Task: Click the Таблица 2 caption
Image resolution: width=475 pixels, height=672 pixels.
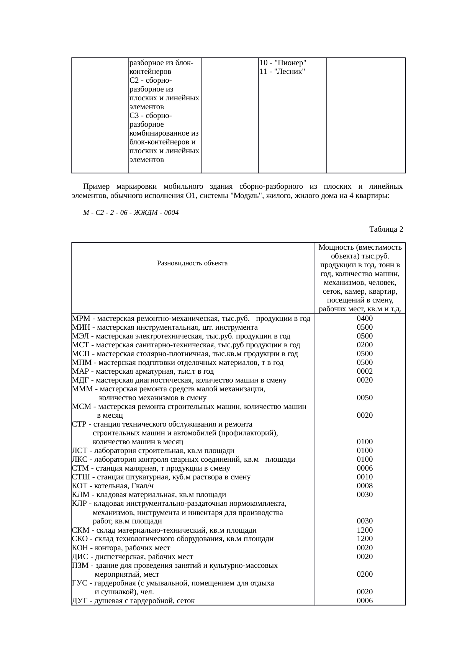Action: [x=386, y=229]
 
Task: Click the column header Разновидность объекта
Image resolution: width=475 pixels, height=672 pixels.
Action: [x=192, y=263]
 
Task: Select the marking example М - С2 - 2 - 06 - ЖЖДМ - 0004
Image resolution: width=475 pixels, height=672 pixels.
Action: [x=131, y=213]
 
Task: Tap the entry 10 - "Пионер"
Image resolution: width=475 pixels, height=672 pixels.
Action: [x=282, y=63]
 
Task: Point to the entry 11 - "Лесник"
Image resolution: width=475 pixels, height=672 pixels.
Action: [x=282, y=72]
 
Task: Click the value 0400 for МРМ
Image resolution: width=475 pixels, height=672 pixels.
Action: [x=365, y=319]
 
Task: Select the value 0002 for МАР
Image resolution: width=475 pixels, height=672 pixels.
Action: [x=365, y=371]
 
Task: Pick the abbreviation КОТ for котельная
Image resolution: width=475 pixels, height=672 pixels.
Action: [x=79, y=486]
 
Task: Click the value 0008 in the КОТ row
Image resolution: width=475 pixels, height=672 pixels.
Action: [x=365, y=486]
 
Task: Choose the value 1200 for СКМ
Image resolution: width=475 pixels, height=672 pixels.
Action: [x=365, y=530]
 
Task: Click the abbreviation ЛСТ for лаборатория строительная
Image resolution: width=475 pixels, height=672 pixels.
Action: [x=79, y=451]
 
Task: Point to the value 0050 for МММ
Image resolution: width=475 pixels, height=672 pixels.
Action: [x=365, y=398]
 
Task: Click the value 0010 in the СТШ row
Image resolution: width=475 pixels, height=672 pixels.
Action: [x=365, y=477]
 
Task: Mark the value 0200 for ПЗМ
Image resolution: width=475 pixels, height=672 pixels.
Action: [x=365, y=574]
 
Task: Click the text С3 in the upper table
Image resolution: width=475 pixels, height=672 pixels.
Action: [x=134, y=116]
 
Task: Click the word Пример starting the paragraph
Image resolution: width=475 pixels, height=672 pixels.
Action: [x=96, y=187]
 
